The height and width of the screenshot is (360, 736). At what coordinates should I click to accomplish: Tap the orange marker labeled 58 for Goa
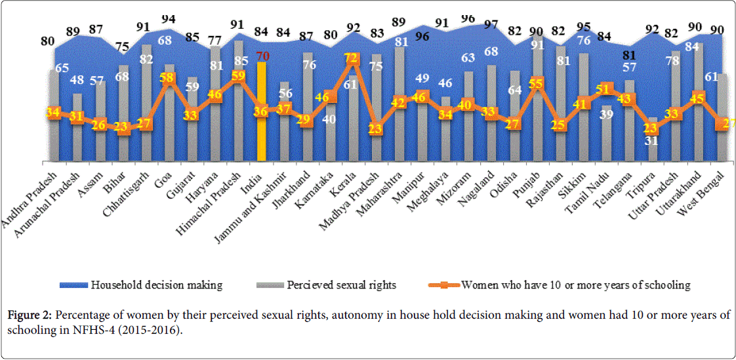tap(169, 77)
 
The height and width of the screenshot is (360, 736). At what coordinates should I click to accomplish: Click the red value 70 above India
tap(263, 56)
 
